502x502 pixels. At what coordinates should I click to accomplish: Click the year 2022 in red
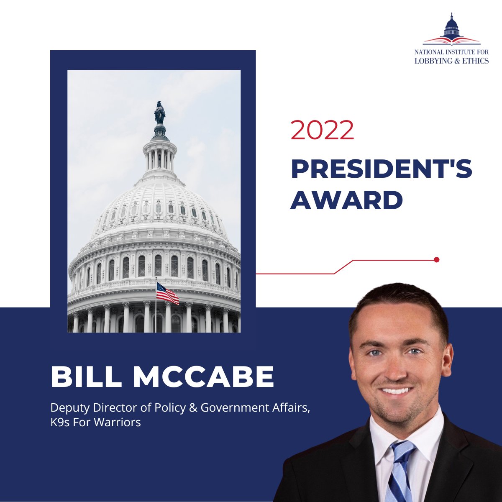click(x=323, y=131)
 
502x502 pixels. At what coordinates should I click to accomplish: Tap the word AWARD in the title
click(x=346, y=200)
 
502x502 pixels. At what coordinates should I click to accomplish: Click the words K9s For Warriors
click(x=95, y=422)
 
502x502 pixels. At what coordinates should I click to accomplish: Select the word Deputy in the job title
click(x=65, y=407)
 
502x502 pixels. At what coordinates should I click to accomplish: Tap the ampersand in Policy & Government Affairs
click(x=193, y=407)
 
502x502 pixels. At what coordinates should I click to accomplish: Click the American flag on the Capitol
click(x=167, y=293)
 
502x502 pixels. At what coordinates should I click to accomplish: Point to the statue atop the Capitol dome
click(x=160, y=113)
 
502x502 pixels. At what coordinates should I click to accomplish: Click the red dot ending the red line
click(x=437, y=260)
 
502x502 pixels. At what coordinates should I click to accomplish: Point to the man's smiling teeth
click(x=396, y=391)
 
